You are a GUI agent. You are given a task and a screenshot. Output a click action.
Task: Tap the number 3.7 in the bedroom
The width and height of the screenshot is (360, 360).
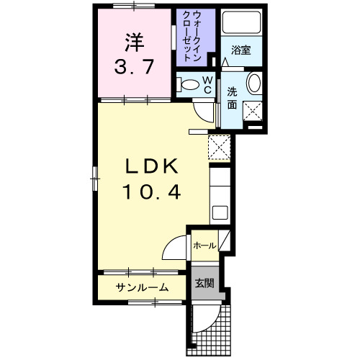coord(133,68)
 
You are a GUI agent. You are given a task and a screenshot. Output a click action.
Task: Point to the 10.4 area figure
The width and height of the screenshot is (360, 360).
coord(151,192)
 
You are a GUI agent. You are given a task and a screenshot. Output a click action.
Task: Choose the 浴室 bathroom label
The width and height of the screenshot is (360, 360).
coord(240,50)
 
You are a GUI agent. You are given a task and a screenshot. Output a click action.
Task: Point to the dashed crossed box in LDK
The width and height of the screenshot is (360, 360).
coord(218,147)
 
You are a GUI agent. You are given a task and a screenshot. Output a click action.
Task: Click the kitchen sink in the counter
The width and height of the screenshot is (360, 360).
coord(220,212)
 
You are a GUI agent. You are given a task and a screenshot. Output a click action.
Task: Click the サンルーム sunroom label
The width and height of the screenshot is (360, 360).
coord(143,288)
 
